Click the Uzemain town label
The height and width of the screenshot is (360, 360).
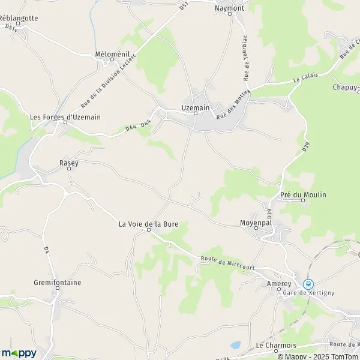[195, 107]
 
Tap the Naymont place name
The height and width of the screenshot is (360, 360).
[230, 9]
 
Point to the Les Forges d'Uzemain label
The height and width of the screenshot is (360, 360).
[65, 117]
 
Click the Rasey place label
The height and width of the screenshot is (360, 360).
[69, 163]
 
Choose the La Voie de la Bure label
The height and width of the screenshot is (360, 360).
[149, 224]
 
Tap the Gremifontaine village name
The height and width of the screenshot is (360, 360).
[58, 282]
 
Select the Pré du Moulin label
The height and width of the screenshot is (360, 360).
[303, 194]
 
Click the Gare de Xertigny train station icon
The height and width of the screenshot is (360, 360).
[308, 283]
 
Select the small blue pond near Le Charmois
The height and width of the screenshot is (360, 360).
[235, 345]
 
